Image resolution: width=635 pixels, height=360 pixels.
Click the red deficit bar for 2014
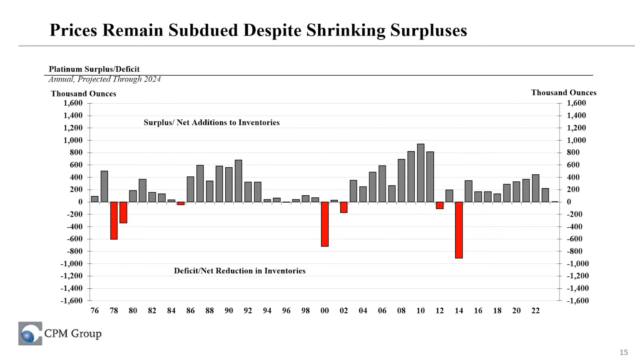459,230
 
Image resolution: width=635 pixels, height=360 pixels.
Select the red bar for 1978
114,221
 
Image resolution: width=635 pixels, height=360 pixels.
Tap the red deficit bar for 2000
325,224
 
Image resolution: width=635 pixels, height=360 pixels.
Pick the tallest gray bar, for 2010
421,173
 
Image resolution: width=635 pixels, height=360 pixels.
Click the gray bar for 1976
95,199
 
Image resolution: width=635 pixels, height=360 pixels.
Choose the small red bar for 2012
440,205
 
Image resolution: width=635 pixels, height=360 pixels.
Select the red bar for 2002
344,207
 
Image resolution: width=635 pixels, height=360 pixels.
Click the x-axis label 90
229,310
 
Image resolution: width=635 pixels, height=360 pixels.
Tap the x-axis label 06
382,310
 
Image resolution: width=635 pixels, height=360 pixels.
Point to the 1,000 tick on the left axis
73,140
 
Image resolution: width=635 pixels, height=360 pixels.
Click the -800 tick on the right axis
574,251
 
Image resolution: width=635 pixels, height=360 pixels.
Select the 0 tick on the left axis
80,202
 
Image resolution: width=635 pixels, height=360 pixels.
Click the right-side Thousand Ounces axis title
563,93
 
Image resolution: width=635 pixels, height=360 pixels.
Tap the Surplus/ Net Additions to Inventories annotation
212,122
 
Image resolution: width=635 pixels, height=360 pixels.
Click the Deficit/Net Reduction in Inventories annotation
239,271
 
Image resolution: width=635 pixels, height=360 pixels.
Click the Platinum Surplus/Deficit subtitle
94,69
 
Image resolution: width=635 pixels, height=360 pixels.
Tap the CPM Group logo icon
30,333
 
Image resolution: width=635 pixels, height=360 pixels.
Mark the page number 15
623,353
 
